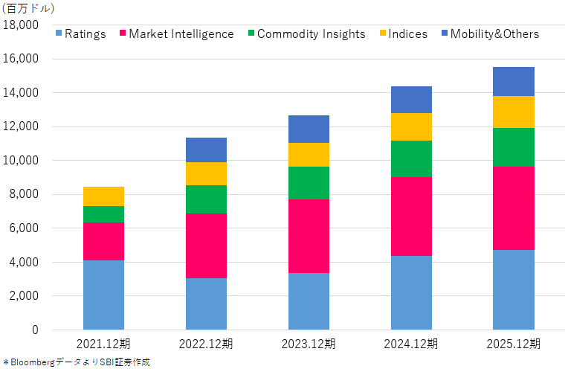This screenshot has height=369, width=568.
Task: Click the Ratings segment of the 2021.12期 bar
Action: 103,295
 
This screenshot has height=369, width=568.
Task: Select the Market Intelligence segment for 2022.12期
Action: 206,246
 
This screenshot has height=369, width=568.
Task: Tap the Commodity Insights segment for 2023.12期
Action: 309,183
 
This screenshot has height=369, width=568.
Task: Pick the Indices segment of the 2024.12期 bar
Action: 411,127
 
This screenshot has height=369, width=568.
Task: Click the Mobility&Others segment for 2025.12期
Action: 514,82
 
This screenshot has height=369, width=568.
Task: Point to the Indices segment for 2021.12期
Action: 103,196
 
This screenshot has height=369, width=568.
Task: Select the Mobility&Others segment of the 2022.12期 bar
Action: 206,150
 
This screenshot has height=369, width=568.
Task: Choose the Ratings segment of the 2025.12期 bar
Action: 514,289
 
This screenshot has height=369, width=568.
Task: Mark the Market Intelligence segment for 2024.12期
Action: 411,216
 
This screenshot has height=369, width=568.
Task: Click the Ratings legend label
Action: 85,33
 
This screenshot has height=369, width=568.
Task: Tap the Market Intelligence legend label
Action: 181,33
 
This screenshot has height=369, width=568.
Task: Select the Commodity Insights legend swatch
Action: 251,33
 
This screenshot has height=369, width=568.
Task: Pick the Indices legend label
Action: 408,33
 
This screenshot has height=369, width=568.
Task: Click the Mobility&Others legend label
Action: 494,33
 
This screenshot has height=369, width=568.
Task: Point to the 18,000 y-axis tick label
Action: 21,25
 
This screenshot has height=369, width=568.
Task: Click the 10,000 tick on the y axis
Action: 21,160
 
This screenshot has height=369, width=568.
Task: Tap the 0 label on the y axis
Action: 35,330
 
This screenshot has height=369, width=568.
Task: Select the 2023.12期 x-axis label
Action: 309,344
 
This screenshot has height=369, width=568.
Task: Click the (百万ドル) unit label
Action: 28,8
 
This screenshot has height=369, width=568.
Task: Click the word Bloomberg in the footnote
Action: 33,362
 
